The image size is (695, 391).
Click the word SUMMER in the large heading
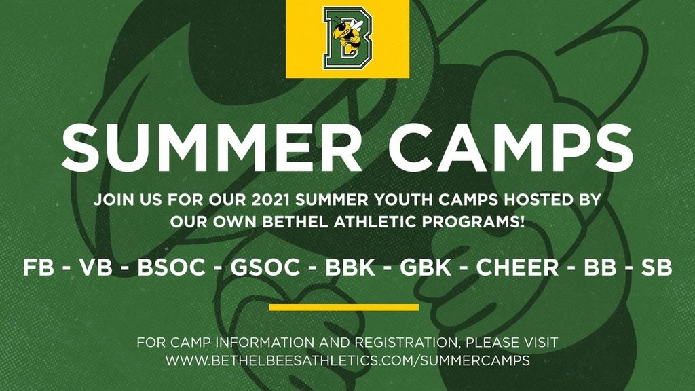(x=212, y=147)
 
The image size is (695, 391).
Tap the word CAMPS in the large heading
(x=511, y=147)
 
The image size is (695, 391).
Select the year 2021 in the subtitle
(x=270, y=200)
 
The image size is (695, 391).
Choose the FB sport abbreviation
(x=39, y=267)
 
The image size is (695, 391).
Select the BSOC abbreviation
(x=172, y=267)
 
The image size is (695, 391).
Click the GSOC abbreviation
(x=265, y=267)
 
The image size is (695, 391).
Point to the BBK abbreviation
(x=350, y=267)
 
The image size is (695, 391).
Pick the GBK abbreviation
(x=426, y=267)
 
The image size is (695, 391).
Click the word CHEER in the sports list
(x=517, y=267)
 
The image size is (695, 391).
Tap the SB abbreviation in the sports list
(x=657, y=267)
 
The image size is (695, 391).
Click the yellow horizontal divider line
(x=344, y=308)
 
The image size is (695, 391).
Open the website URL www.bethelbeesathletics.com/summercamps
(x=348, y=360)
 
